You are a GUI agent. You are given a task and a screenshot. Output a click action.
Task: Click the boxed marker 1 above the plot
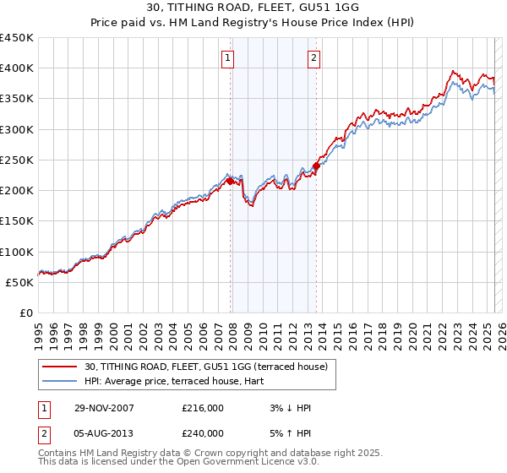(x=229, y=58)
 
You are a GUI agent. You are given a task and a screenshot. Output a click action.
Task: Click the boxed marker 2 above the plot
(x=313, y=58)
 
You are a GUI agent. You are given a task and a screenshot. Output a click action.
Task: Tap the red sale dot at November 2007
(x=230, y=180)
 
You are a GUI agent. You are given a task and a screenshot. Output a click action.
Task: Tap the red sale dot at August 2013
(x=316, y=166)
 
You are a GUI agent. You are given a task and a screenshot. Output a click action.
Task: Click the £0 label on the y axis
(x=25, y=313)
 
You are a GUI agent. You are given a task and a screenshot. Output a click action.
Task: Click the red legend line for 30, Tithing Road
(x=61, y=367)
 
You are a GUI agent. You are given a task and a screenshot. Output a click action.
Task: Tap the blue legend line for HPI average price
(x=61, y=382)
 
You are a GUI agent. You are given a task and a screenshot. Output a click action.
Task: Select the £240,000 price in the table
(x=203, y=433)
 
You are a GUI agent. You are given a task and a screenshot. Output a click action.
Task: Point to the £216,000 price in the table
(x=203, y=408)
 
